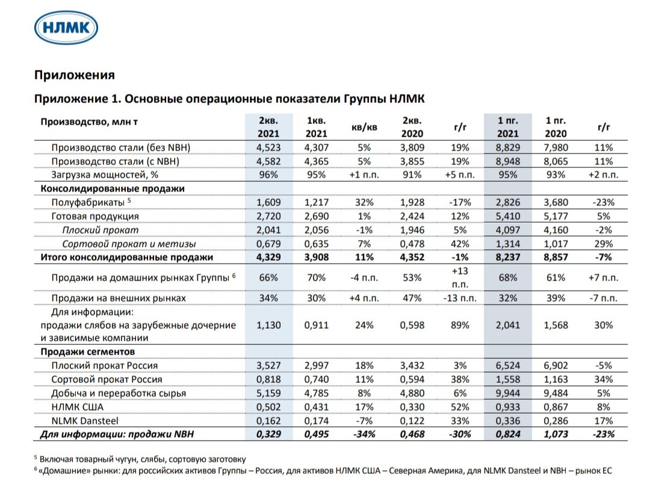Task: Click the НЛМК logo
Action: [x=66, y=28]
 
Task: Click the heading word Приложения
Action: [x=74, y=75]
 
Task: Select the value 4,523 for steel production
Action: [x=268, y=147]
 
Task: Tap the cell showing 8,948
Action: [x=508, y=161]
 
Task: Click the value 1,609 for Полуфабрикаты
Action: [x=268, y=202]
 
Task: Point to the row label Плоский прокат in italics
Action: [x=100, y=230]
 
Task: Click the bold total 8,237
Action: [x=508, y=258]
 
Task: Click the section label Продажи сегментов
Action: [x=87, y=352]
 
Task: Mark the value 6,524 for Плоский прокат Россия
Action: [x=508, y=365]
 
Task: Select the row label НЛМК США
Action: [x=78, y=407]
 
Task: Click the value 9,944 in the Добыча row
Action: [x=508, y=393]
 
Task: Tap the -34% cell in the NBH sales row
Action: [x=364, y=435]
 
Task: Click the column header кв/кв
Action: [x=364, y=127]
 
